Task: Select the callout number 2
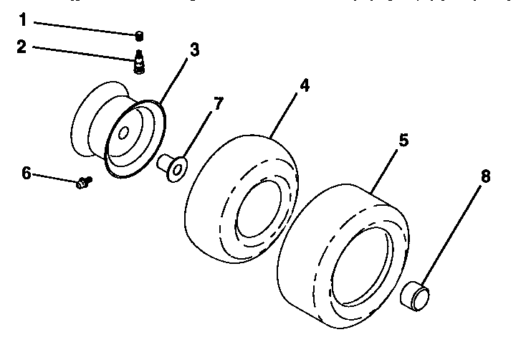pyautogui.click(x=21, y=48)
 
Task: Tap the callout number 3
pyautogui.click(x=194, y=51)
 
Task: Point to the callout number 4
pyautogui.click(x=304, y=85)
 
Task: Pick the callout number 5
pyautogui.click(x=403, y=140)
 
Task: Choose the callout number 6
pyautogui.click(x=27, y=173)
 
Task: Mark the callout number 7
pyautogui.click(x=217, y=104)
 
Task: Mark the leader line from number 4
pyautogui.click(x=287, y=112)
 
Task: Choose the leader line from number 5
pyautogui.click(x=387, y=165)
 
